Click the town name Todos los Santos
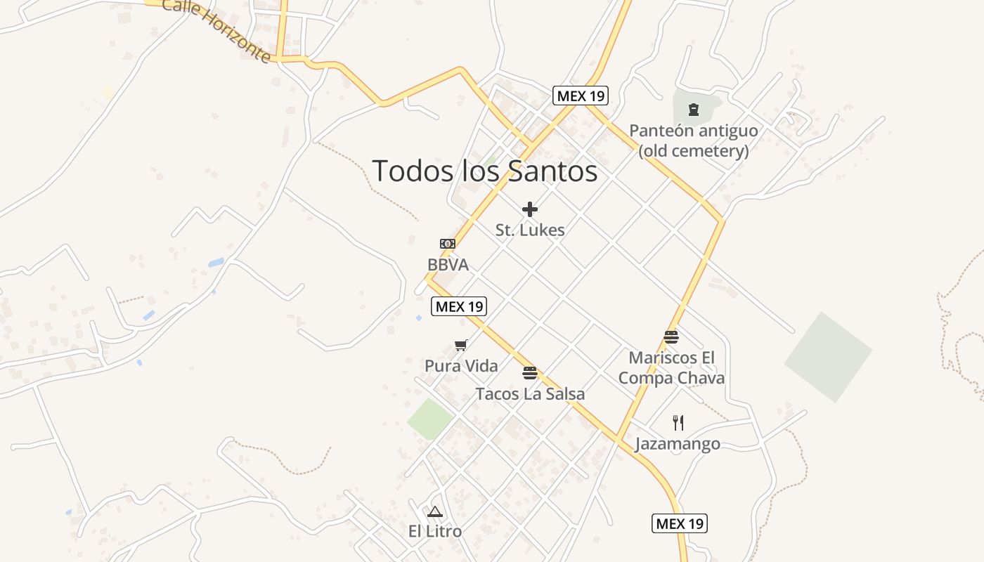click(x=484, y=171)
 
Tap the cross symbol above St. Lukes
click(x=530, y=209)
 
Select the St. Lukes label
click(x=530, y=230)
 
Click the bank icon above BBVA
click(x=448, y=244)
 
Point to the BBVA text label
click(x=448, y=265)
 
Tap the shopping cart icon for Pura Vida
click(x=461, y=345)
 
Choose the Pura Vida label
click(x=461, y=365)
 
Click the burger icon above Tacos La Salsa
click(x=530, y=372)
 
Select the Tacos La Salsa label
click(x=530, y=393)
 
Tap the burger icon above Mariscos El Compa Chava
click(x=671, y=337)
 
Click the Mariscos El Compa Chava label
click(x=671, y=367)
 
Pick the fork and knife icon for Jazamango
click(x=678, y=422)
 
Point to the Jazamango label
click(x=678, y=443)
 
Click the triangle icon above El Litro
click(x=435, y=511)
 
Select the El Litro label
click(x=435, y=531)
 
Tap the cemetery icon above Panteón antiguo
click(x=694, y=109)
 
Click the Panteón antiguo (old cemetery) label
click(x=693, y=140)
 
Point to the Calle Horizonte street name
click(x=216, y=30)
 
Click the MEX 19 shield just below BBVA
click(x=458, y=306)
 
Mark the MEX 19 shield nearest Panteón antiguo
click(x=580, y=96)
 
